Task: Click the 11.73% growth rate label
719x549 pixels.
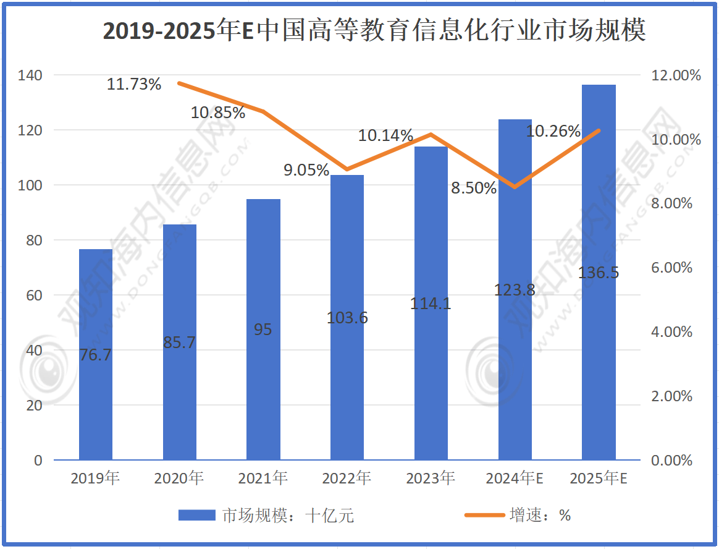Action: [134, 84]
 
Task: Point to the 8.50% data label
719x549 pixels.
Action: [474, 188]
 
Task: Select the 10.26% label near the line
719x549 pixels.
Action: [553, 131]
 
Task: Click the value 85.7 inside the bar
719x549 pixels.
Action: [180, 342]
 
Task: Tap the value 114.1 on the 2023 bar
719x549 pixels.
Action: [431, 304]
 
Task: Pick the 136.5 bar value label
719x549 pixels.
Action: [599, 273]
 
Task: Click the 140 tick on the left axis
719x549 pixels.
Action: [30, 75]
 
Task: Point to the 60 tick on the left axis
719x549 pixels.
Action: [34, 296]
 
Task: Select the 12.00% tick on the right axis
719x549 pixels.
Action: [676, 75]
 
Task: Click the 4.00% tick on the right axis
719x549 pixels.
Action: [672, 332]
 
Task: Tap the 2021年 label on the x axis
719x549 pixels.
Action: [263, 479]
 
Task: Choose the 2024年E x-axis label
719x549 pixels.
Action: [515, 479]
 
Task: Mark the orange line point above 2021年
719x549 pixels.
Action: [263, 112]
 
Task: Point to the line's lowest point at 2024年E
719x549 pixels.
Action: [515, 187]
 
